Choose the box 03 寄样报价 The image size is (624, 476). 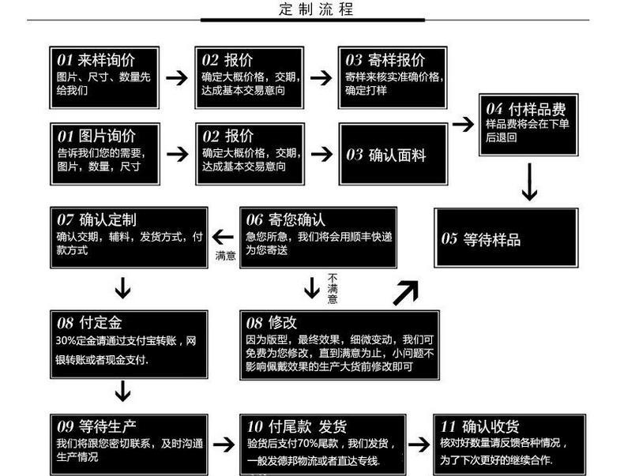click(393, 77)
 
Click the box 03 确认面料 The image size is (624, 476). click(393, 153)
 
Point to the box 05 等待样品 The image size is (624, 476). click(506, 238)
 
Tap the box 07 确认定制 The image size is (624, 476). click(130, 237)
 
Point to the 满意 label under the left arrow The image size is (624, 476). click(225, 256)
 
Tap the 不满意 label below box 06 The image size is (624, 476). click(333, 289)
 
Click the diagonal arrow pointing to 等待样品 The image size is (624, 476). click(405, 292)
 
